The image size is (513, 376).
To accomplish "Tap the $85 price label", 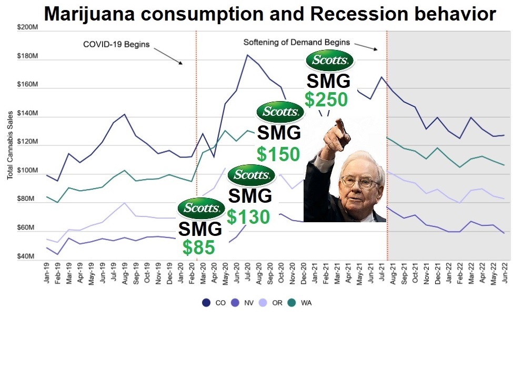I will [x=198, y=247].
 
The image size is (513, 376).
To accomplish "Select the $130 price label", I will [x=248, y=216].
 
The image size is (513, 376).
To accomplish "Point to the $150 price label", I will [x=278, y=154].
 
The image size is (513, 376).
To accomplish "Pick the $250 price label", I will [x=326, y=99].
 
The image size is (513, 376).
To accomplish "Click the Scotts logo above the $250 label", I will [x=330, y=60].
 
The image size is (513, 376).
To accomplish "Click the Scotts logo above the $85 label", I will [x=201, y=209].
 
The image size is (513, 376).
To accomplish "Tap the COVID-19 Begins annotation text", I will [x=116, y=44].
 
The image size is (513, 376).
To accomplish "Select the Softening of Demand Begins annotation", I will [x=297, y=42].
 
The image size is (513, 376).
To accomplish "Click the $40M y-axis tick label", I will [x=26, y=256].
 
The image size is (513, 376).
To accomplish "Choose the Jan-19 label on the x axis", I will [x=48, y=274].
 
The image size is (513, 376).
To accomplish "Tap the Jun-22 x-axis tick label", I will [x=505, y=274].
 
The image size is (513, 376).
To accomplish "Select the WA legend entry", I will [x=300, y=303].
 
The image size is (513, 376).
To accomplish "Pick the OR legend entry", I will [x=272, y=303].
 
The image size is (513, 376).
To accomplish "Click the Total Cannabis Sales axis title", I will [x=10, y=145].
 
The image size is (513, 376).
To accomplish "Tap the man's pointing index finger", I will [x=340, y=126].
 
